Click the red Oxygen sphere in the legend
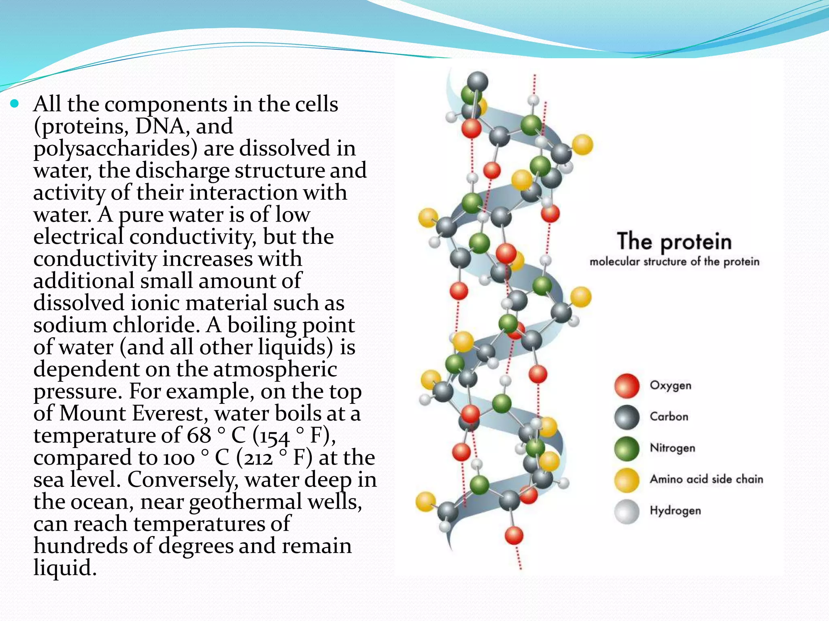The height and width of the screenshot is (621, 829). pos(627,385)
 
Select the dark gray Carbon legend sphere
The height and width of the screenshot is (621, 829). pos(627,417)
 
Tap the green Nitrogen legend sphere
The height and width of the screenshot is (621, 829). pos(627,448)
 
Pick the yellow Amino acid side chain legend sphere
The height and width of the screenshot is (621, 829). pos(627,480)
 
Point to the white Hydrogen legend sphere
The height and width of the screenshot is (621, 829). pos(627,511)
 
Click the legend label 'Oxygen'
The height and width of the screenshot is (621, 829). pos(670,385)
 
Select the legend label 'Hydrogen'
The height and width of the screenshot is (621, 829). pos(675,511)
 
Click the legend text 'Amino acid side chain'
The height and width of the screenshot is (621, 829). pos(706,479)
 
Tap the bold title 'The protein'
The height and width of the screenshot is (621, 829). pos(674,242)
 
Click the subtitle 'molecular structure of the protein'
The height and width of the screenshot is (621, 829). pos(674,262)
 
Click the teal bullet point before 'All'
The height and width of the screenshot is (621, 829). pos(15,104)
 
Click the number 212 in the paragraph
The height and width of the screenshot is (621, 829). pos(256,458)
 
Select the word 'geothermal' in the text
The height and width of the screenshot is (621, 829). pos(246,502)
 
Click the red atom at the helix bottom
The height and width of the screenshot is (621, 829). pos(514,536)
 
